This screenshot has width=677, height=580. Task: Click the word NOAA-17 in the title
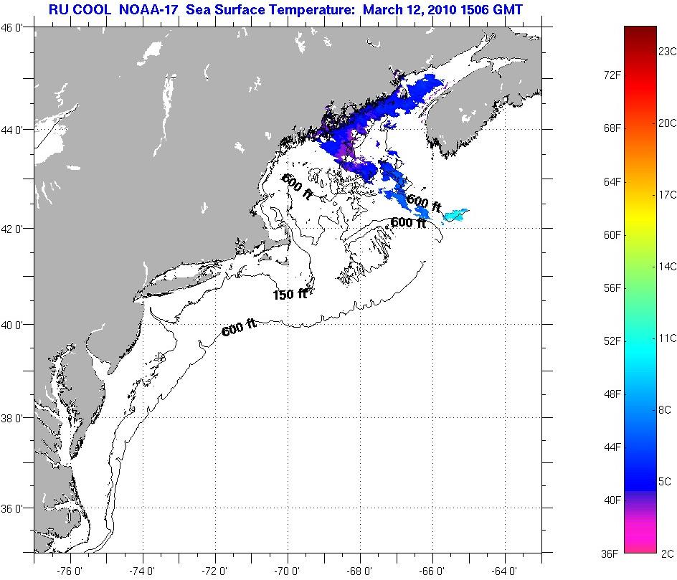156,10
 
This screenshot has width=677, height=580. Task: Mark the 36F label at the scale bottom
611,553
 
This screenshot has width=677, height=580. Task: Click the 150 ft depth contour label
290,294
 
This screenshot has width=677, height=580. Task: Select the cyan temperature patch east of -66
456,214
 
